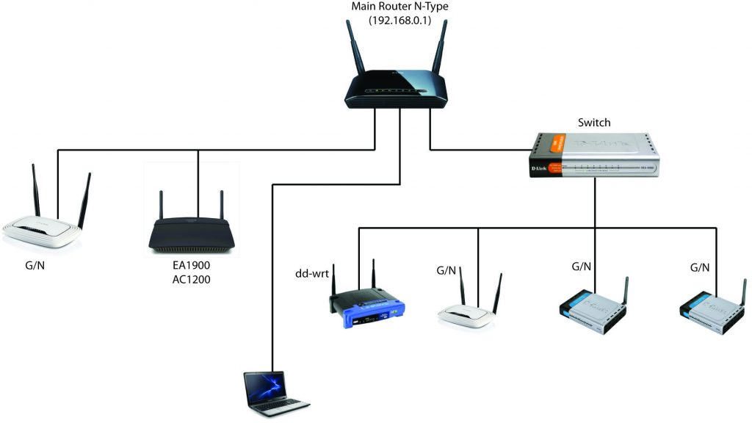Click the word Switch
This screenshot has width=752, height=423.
click(594, 123)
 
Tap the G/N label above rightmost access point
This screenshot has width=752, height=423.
click(700, 268)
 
